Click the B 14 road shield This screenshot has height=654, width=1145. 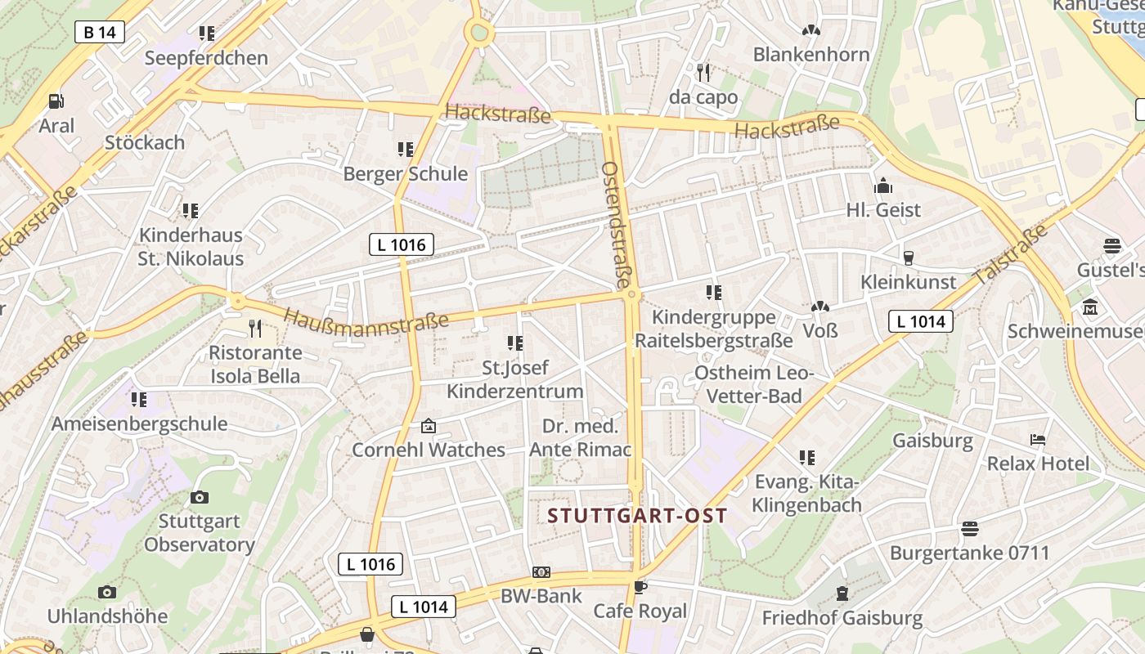pos(100,32)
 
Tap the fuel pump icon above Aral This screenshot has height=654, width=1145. pos(56,101)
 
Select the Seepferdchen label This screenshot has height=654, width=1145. pos(206,58)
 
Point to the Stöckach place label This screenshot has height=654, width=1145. pos(145,142)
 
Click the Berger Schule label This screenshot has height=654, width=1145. pos(405,174)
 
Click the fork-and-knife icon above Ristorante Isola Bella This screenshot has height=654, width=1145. pos(255,329)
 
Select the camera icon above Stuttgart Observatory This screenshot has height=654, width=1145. pos(199,497)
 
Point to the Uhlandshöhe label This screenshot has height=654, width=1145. pos(107,616)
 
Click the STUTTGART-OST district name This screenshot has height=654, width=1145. pos(638,516)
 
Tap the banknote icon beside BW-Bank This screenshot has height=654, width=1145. pos(541,572)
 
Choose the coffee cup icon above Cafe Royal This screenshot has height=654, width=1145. pos(640,587)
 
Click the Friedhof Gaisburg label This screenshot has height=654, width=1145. pos(842,618)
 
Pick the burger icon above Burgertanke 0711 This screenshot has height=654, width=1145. pos(969,529)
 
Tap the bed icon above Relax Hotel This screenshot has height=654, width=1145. pos(1038,440)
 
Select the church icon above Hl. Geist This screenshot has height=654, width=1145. pos(883,186)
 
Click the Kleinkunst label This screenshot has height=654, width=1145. pos(908,282)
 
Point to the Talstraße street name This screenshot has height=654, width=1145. pos(1011,255)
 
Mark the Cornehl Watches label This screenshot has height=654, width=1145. pos(429,450)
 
